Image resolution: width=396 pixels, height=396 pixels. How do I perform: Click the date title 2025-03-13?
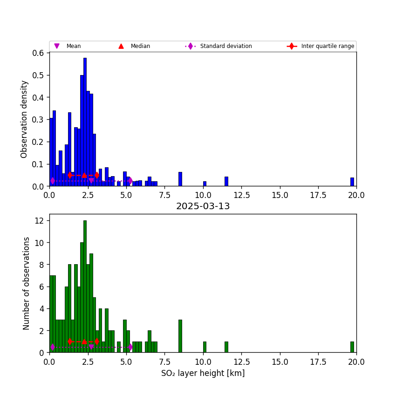tap(203, 206)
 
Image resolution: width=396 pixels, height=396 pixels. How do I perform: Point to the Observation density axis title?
tap(24, 119)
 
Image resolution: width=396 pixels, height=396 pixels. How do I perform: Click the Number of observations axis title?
tap(27, 283)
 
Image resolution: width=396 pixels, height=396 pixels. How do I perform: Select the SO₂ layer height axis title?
tap(203, 373)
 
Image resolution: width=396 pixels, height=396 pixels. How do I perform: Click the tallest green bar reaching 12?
tap(85, 287)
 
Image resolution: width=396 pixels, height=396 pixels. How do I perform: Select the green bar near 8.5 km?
tap(180, 336)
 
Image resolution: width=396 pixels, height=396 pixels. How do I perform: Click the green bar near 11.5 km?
tap(226, 347)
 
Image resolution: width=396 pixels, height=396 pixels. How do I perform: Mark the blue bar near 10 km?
tap(205, 184)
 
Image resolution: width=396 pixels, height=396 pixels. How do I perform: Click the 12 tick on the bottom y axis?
tap(40, 220)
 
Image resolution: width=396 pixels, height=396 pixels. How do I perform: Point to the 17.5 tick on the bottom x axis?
tap(318, 362)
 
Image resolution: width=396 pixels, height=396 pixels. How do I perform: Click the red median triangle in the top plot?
tap(84, 175)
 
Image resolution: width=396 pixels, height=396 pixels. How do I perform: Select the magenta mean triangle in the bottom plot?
tap(91, 347)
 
